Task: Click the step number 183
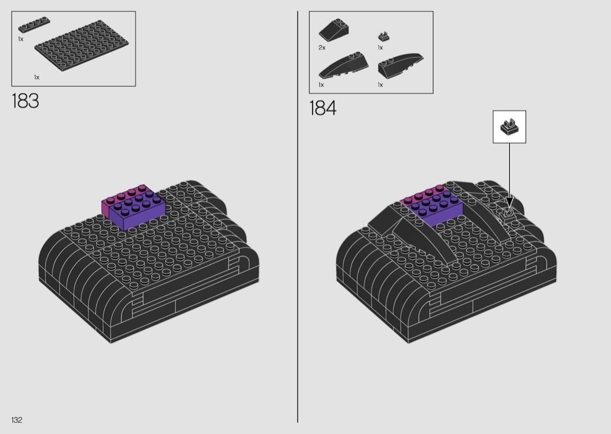(x=26, y=101)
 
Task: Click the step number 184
(x=322, y=108)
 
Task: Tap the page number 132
(x=17, y=420)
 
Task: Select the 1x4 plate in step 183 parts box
(x=34, y=24)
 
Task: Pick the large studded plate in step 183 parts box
(x=82, y=47)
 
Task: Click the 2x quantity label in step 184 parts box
(x=322, y=48)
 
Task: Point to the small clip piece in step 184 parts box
(x=384, y=36)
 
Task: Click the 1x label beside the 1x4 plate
(x=20, y=39)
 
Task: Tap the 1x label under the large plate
(x=37, y=77)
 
